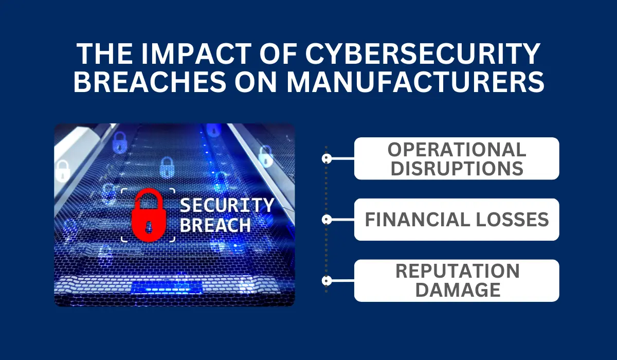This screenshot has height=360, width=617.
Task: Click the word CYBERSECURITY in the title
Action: pos(423,53)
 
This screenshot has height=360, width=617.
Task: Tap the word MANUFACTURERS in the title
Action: pos(415,82)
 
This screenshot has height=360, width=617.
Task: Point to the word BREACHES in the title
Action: pos(150,82)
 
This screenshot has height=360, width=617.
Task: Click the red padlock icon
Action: pos(149,215)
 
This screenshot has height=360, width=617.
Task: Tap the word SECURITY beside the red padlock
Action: pos(227,205)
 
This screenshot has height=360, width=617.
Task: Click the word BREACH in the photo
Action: pos(215,225)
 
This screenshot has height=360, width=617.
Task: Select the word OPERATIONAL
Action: pos(457,150)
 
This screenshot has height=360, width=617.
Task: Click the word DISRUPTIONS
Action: pos(457,168)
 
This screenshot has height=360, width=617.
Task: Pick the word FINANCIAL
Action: pos(417,220)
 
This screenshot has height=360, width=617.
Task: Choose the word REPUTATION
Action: pos(458,271)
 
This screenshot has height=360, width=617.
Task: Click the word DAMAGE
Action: pos(458,290)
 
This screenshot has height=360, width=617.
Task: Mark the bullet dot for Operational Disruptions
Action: pos(326,158)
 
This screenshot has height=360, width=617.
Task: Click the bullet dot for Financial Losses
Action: pos(326,220)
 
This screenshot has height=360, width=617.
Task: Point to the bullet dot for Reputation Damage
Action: pos(326,281)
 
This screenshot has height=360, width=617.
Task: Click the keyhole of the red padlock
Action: pos(149,227)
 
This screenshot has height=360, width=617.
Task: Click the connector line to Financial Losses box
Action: pos(343,220)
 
